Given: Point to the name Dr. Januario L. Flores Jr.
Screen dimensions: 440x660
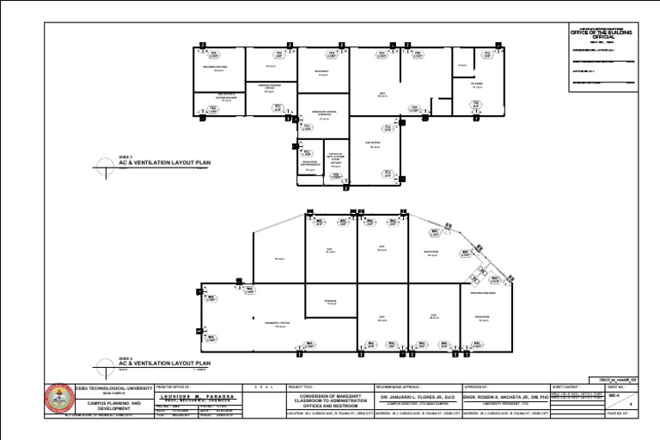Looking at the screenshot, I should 416,397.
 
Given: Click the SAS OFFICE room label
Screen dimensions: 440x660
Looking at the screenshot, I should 374,144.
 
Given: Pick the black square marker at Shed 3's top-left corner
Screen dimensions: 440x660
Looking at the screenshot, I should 202,44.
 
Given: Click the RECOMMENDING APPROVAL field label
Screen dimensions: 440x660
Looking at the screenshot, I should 400,387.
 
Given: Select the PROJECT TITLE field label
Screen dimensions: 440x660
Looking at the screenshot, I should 302,387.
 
